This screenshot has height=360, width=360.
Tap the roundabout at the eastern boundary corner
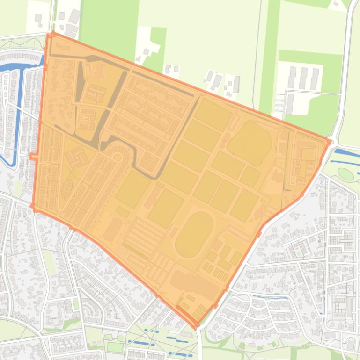pyautogui.click(x=331, y=142)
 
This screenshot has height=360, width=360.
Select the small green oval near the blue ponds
pyautogui.click(x=345, y=174)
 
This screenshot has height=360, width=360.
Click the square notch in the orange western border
pyautogui.click(x=33, y=156)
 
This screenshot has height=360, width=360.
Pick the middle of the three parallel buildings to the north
pyautogui.click(x=303, y=79)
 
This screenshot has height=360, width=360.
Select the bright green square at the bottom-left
pyautogui.click(x=115, y=347)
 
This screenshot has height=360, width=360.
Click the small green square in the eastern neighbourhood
pyautogui.click(x=298, y=253)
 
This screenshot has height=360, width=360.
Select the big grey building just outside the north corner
pyautogui.click(x=74, y=17)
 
